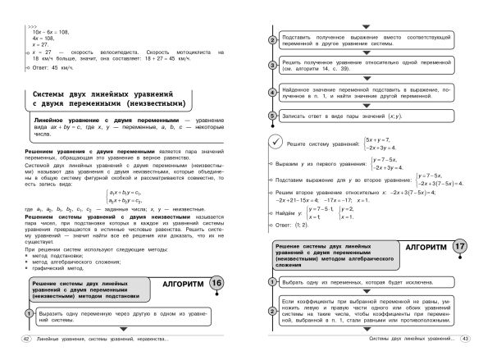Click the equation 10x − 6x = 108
point(52,23)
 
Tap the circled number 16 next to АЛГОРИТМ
point(216,285)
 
